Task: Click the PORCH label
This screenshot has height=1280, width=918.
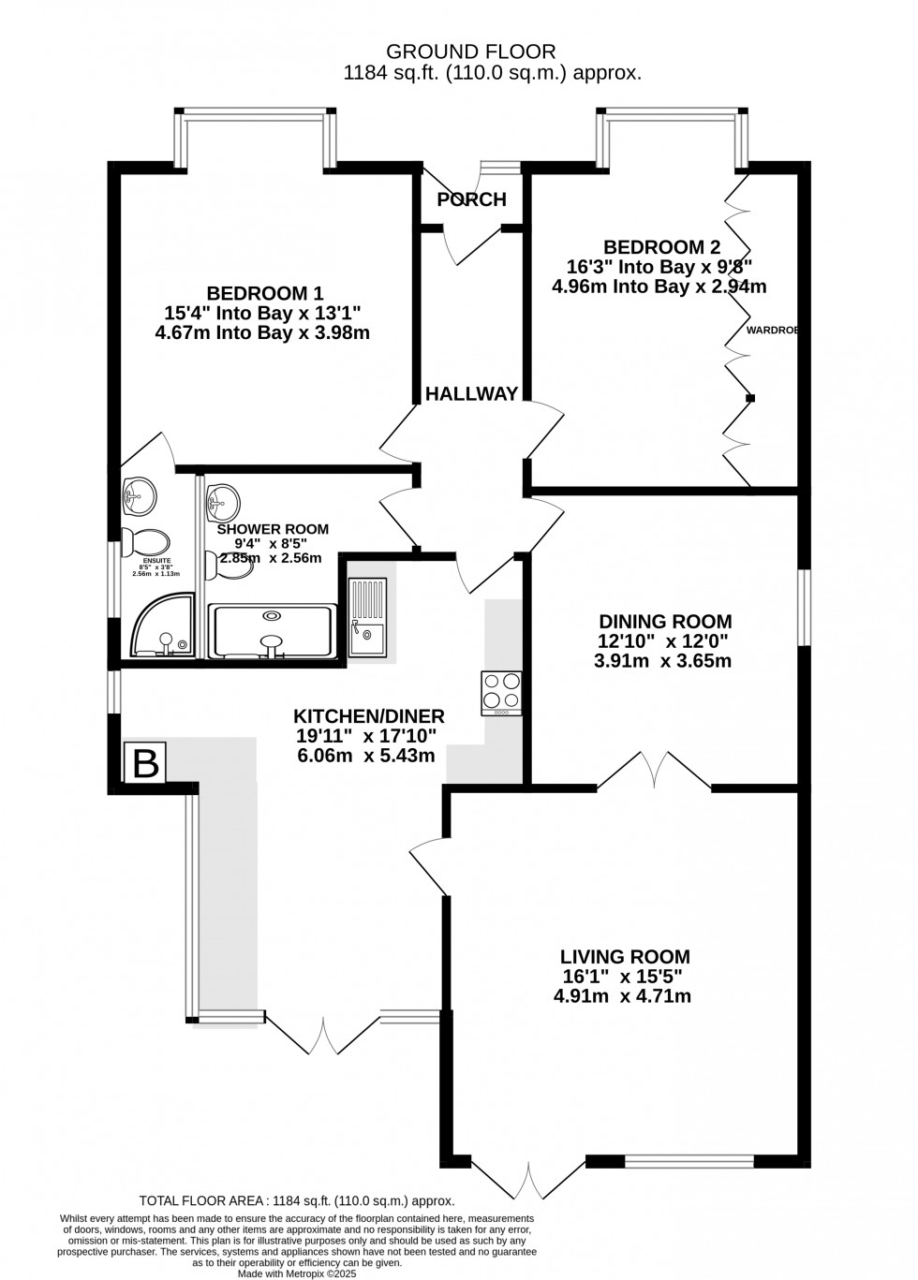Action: point(471,199)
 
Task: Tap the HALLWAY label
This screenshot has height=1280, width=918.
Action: point(471,394)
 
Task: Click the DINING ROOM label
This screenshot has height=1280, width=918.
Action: point(665,621)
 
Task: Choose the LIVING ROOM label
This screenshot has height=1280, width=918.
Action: point(625,957)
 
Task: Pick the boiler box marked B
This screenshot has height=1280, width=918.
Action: point(146,762)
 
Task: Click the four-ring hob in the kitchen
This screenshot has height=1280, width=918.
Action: point(501,692)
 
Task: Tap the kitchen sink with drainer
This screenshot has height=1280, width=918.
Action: point(366,618)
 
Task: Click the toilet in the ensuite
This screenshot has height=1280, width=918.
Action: point(146,542)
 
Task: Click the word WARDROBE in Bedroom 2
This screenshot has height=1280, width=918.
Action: point(772,330)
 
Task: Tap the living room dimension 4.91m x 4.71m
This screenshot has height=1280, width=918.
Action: point(622,996)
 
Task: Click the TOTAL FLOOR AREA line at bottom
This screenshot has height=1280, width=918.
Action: point(296,1200)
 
